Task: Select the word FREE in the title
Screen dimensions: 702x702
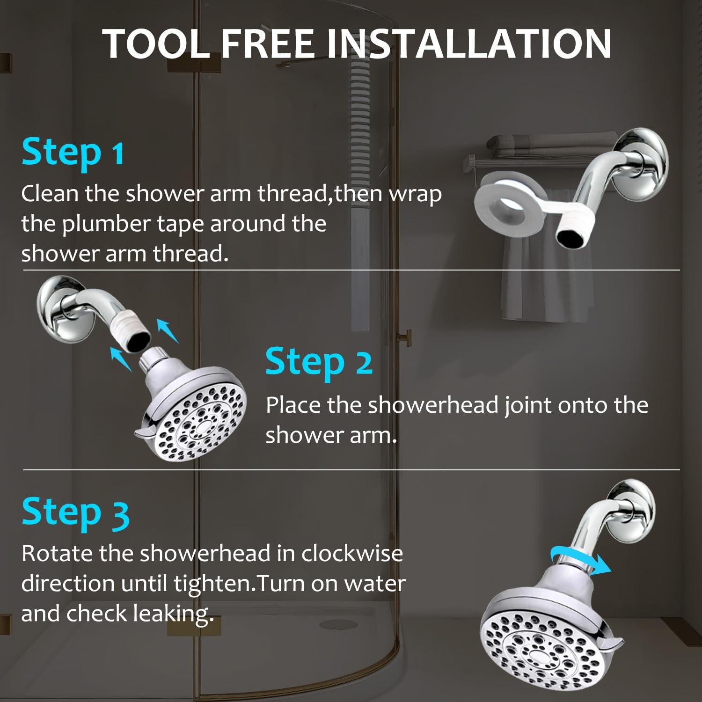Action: click(x=267, y=44)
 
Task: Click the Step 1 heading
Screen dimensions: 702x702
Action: click(x=73, y=153)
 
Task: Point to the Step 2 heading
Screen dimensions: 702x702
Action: click(x=319, y=362)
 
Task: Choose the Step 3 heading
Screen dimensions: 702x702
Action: click(x=75, y=512)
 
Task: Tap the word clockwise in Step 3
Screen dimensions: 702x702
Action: click(x=352, y=554)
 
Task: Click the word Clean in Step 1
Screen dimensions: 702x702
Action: click(x=50, y=193)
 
